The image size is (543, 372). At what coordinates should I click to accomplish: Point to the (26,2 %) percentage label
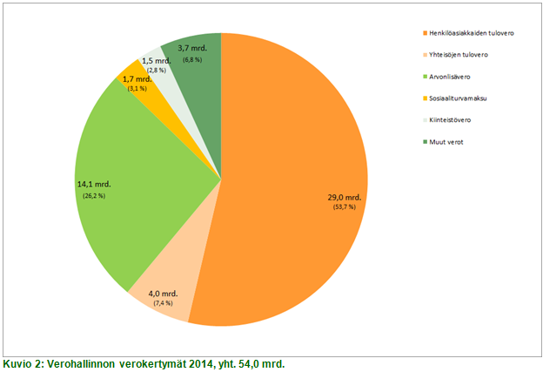(91, 195)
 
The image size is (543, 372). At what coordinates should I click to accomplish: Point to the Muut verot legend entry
(449, 142)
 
